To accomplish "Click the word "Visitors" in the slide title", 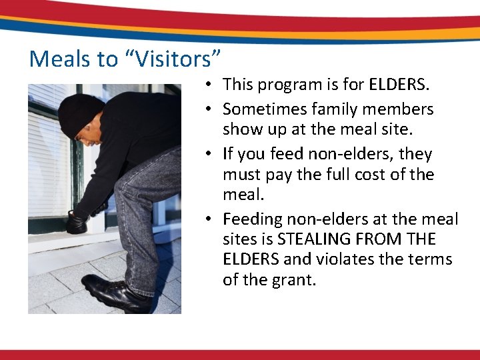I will point(171,59).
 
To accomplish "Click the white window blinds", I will point(47,153).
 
